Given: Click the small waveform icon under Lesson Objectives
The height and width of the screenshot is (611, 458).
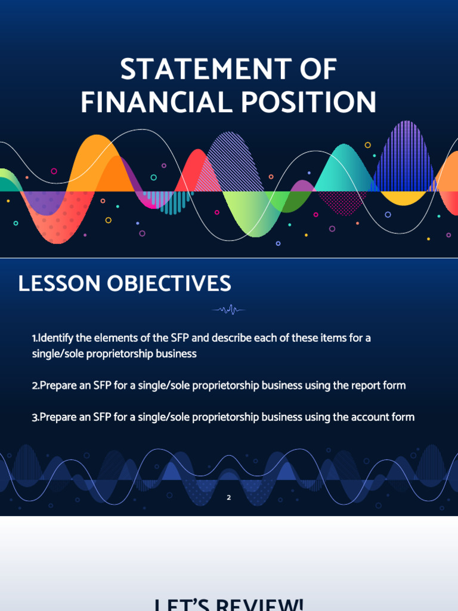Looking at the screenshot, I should pos(229,309).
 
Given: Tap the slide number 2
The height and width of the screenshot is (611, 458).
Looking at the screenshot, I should pos(228,496).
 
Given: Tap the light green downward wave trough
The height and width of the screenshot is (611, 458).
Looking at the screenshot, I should pos(246,215).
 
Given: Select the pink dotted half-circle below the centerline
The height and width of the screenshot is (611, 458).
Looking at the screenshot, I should pos(341,202).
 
